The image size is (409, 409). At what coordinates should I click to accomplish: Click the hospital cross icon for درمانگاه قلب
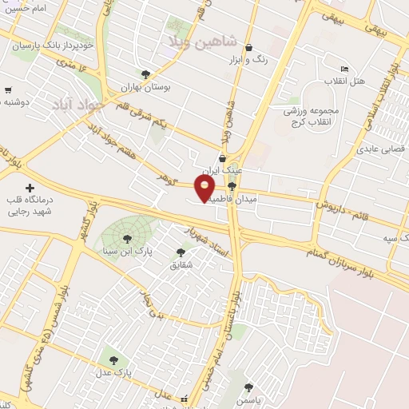30,187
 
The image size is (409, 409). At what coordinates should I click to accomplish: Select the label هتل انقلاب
344,81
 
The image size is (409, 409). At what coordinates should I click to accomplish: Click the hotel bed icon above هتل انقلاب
344,69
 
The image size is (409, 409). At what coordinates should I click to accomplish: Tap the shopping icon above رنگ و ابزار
250,47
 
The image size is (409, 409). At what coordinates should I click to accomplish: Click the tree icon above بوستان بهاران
145,73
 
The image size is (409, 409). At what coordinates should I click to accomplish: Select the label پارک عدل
117,372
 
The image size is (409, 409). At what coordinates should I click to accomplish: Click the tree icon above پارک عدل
113,359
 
